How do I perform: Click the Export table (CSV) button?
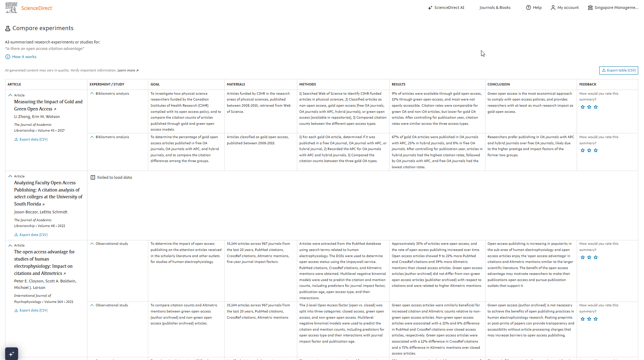pos(618,70)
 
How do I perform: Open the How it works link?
pos(24,57)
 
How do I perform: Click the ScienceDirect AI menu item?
pos(446,8)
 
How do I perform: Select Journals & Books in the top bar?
pos(495,8)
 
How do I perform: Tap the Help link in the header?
pos(534,8)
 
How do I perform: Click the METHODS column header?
pos(307,84)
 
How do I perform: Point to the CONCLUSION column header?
pos(498,84)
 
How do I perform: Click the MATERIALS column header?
pos(236,84)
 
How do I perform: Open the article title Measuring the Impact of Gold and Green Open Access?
pos(48,105)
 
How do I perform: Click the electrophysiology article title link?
pos(44,263)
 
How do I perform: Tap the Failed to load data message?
pos(114,177)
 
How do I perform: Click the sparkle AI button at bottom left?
pos(11,354)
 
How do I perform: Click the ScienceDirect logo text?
pos(37,8)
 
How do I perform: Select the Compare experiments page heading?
pos(43,28)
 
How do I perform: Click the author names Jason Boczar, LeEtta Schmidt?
pos(41,212)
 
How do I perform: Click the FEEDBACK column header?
pos(588,84)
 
